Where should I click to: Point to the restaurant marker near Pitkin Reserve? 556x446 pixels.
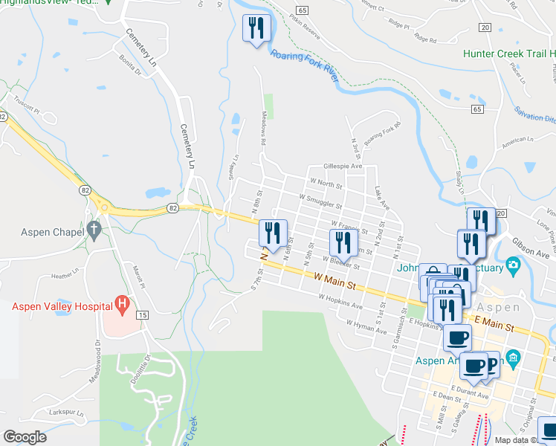point(256,29)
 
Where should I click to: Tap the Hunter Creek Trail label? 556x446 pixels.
point(508,54)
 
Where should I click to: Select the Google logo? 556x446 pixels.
point(25,437)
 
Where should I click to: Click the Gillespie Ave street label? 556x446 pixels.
point(342,167)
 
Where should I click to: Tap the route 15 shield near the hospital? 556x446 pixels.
point(143,316)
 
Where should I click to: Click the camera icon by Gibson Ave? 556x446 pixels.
point(512,265)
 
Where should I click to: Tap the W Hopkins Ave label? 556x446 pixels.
point(340,300)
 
